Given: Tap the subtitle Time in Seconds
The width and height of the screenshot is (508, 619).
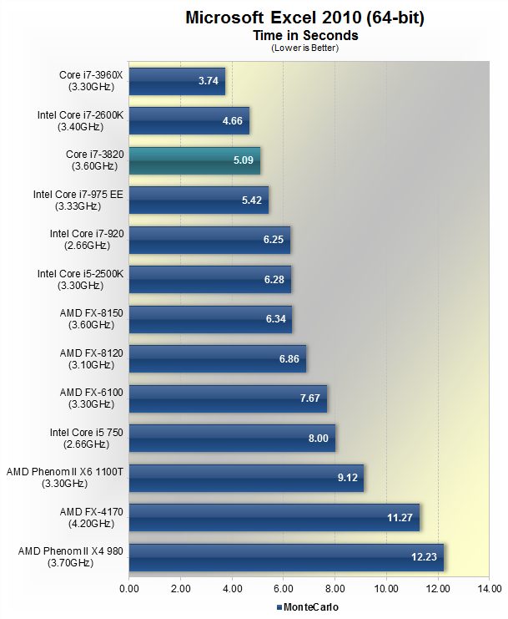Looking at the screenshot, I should click(305, 36).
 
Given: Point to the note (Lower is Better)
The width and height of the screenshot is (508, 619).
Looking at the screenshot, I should click(305, 48).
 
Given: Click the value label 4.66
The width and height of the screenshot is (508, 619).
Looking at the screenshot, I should click(232, 121).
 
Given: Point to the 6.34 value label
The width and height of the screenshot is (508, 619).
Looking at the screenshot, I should click(276, 319).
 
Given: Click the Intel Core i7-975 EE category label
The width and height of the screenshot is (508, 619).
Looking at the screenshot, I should click(78, 200).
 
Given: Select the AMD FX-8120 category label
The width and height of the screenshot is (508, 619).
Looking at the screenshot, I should click(92, 359).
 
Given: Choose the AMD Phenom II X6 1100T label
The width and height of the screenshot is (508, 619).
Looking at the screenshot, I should click(65, 478).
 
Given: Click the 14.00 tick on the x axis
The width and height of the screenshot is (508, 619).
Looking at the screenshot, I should click(488, 590).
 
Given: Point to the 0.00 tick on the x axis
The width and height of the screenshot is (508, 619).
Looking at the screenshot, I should click(129, 590).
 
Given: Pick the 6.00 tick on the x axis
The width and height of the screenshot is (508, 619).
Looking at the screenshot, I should click(284, 590).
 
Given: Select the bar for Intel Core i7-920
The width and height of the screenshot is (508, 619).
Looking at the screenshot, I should click(209, 240).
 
